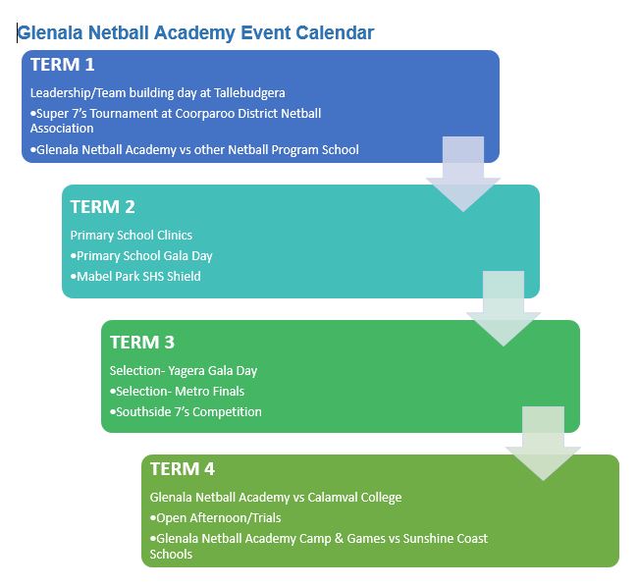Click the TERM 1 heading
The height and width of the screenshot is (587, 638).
[62, 65]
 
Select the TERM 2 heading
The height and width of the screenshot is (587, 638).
[102, 207]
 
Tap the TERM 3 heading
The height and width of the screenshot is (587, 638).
[142, 343]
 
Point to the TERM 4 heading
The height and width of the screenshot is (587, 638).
[183, 468]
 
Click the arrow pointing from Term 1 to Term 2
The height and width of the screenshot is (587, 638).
[463, 174]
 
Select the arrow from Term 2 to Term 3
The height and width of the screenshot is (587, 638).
[504, 309]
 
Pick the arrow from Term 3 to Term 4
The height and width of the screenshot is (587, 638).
[543, 444]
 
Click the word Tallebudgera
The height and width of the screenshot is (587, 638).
[249, 93]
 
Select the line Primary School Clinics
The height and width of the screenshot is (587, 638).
[131, 236]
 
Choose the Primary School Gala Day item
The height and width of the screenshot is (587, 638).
[141, 256]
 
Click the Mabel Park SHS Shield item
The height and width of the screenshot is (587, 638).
[135, 277]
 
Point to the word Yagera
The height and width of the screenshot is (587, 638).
[186, 371]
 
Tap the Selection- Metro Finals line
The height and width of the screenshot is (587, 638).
[177, 392]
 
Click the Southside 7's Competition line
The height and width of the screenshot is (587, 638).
[186, 412]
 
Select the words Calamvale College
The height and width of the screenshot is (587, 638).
[354, 498]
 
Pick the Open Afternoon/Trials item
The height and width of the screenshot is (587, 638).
[215, 518]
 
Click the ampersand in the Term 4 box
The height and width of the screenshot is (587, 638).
[339, 539]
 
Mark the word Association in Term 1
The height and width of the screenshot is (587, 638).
[62, 129]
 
